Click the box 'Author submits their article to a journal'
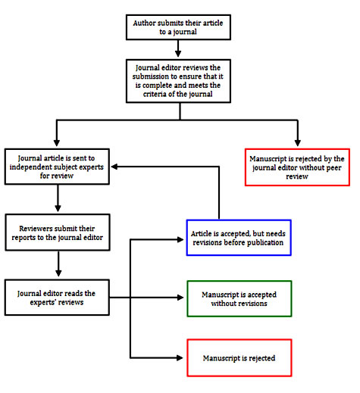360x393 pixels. pos(178,27)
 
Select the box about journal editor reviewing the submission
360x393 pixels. pos(178,81)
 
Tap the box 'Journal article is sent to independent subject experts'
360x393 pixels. pos(57,167)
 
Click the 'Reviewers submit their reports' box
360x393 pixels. pos(58,232)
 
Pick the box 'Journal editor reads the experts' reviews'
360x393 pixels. pos(57,298)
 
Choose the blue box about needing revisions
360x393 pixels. pos(239,238)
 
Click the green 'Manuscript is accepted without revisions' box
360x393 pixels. pos(239,298)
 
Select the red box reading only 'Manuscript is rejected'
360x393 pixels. pos(239,358)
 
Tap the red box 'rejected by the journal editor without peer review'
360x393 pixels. pos(297,167)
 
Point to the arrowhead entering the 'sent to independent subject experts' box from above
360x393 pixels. pos(57,142)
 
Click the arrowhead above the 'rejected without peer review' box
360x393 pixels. pos(298,142)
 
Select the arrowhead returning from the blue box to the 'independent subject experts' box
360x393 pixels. pos(114,167)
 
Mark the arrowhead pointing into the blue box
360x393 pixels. pos(180,239)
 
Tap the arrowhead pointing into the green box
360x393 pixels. pos(180,298)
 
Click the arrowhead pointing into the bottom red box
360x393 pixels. pos(180,357)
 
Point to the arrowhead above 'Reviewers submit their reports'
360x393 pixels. pos(58,208)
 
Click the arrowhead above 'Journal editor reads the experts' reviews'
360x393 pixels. pos(58,273)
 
